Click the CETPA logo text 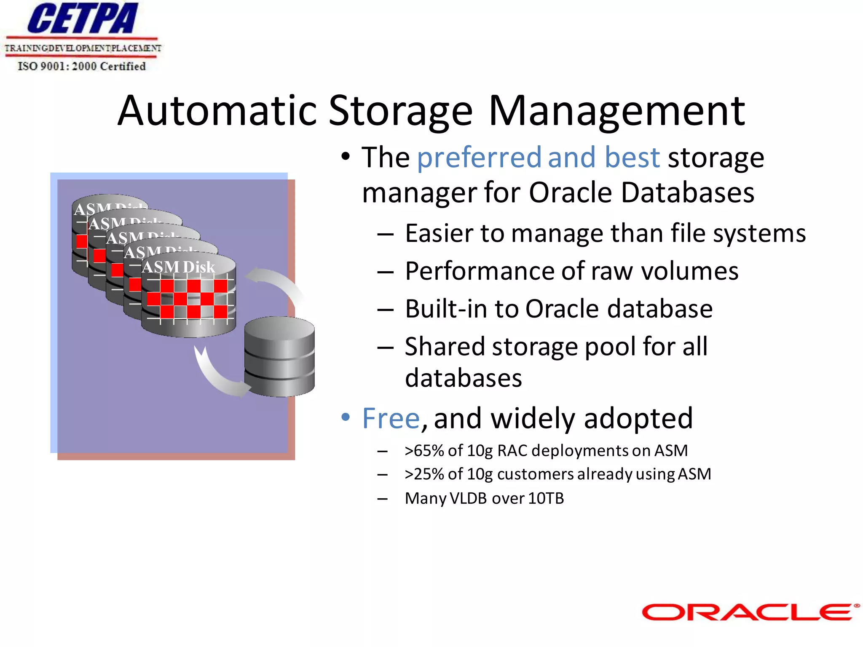click(83, 19)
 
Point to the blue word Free click(391, 418)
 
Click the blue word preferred click(479, 157)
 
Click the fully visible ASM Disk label click(179, 267)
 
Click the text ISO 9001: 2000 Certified click(82, 66)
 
